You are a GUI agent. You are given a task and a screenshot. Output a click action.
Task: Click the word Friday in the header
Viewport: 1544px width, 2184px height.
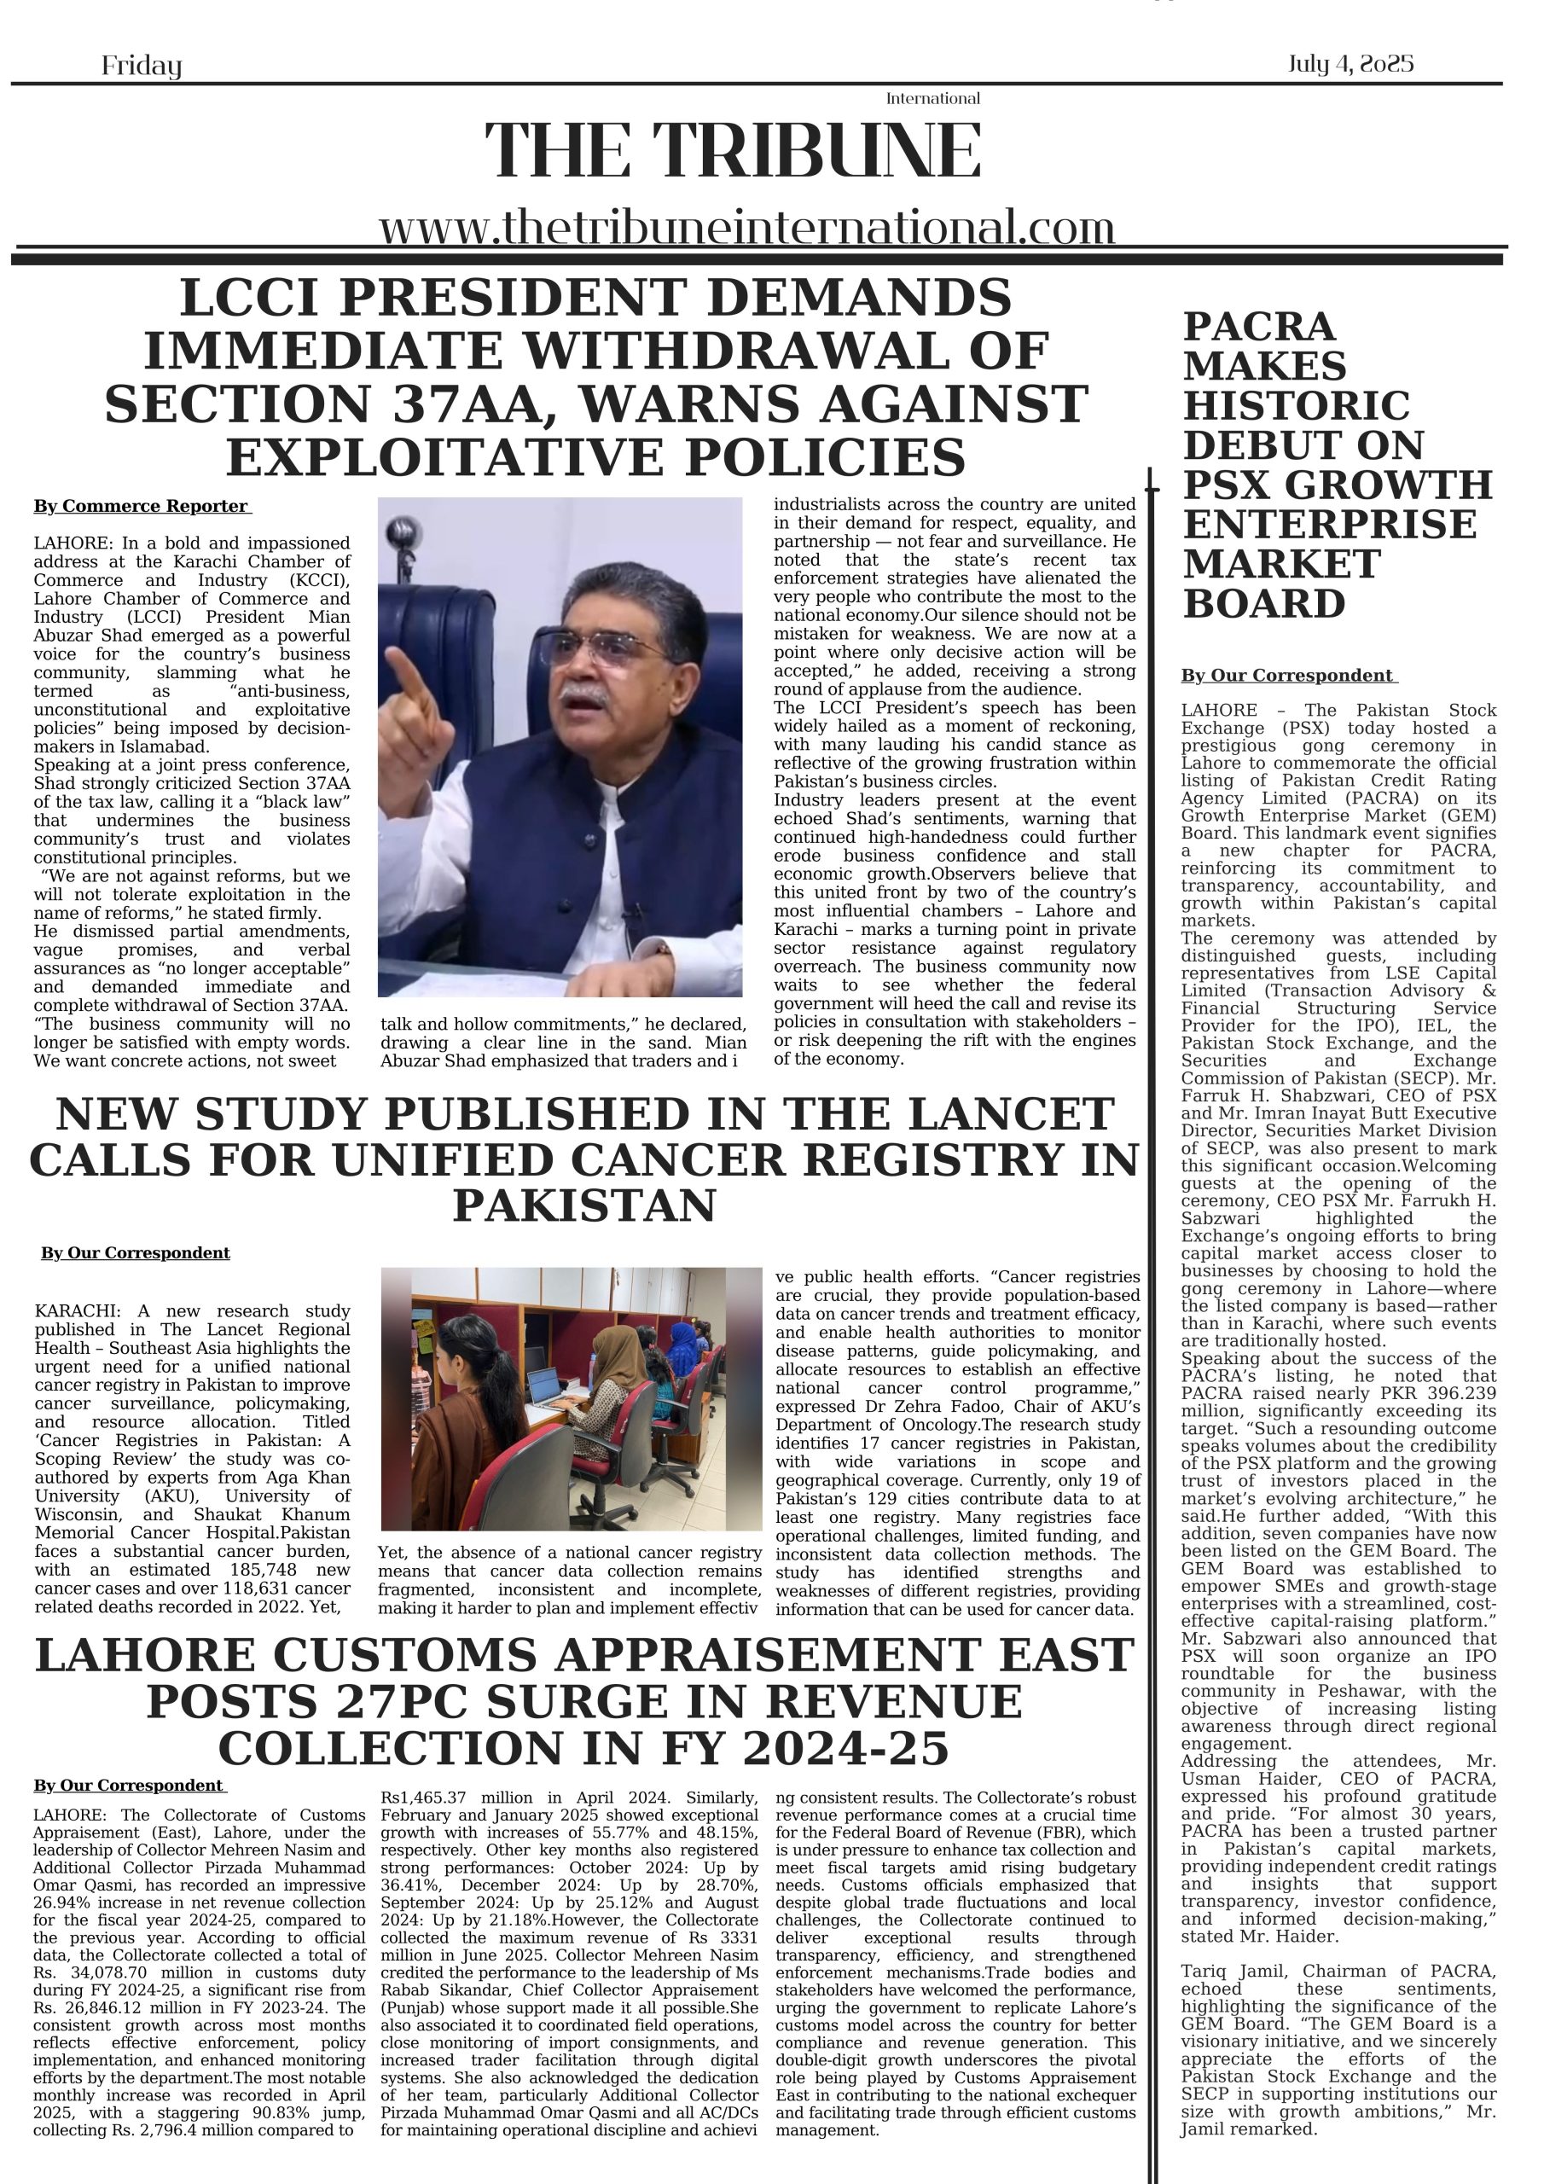[141, 66]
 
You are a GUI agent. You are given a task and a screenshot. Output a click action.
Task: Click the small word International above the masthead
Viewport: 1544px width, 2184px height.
[932, 99]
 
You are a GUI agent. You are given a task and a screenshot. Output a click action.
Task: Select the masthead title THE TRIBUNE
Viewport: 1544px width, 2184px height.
[733, 150]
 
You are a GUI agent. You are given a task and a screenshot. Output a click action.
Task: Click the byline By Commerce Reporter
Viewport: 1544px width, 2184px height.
[142, 507]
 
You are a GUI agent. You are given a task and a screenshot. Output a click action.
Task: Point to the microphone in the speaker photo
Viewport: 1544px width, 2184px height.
[404, 531]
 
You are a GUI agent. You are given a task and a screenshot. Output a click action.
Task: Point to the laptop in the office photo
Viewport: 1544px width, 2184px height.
[547, 1391]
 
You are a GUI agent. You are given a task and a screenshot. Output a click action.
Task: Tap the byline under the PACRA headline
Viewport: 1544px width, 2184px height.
[1288, 677]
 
